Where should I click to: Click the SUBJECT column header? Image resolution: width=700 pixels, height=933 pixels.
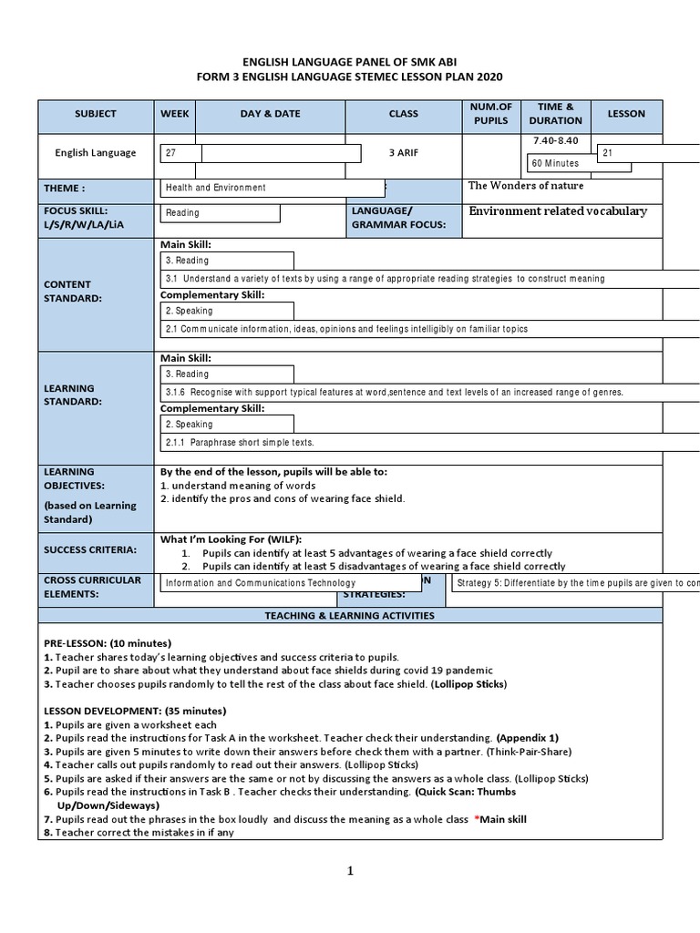pyautogui.click(x=96, y=114)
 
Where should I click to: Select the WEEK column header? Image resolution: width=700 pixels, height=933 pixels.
pyautogui.click(x=175, y=114)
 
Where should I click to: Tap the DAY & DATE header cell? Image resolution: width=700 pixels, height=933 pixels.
pyautogui.click(x=270, y=114)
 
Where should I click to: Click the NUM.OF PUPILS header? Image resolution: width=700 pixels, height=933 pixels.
pyautogui.click(x=491, y=114)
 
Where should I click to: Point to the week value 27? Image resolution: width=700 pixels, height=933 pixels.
pyautogui.click(x=170, y=154)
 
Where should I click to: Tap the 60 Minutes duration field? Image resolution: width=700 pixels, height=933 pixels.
pyautogui.click(x=556, y=163)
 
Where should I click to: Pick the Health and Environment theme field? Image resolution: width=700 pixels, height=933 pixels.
pyautogui.click(x=216, y=188)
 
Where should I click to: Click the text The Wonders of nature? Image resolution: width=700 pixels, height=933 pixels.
pyautogui.click(x=526, y=186)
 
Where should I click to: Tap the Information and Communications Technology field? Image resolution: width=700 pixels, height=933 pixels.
pyautogui.click(x=261, y=583)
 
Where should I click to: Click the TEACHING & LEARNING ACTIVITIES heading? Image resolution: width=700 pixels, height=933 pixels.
pyautogui.click(x=350, y=616)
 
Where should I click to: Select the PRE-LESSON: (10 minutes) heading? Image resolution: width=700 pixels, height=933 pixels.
pyautogui.click(x=108, y=643)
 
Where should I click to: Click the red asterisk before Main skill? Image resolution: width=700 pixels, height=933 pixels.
pyautogui.click(x=476, y=820)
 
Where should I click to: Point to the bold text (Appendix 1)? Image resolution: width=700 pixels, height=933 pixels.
pyautogui.click(x=528, y=737)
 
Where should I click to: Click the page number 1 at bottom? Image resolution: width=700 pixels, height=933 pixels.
pyautogui.click(x=349, y=871)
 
